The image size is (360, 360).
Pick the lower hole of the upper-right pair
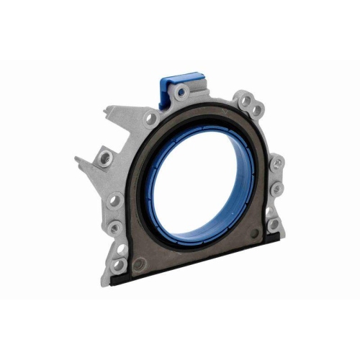(x=256, y=110)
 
